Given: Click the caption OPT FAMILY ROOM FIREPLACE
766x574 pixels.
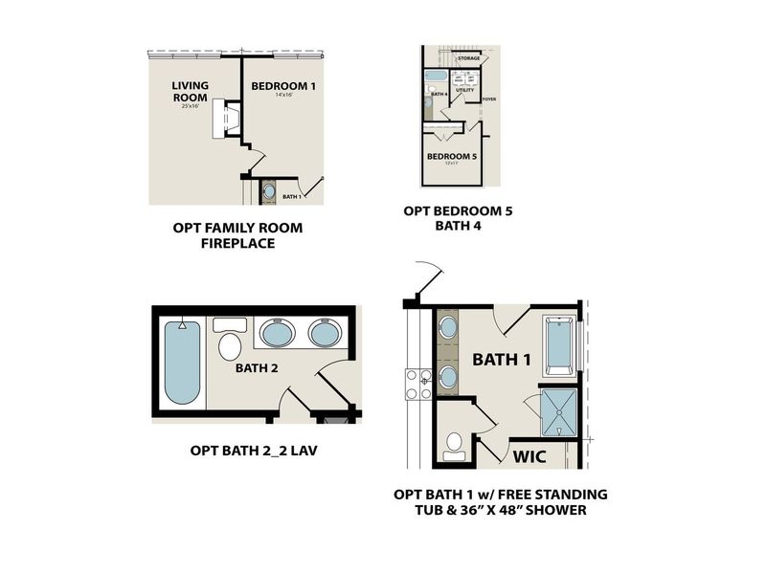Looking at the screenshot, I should tap(237, 235).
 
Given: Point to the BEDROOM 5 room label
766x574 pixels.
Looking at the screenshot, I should tap(451, 156).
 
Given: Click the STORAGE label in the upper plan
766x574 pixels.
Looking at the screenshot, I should tap(468, 58).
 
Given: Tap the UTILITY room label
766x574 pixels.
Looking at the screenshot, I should tap(465, 90).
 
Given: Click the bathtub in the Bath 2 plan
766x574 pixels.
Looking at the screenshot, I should tap(182, 364).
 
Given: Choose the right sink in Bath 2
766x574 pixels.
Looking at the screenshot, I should tap(324, 335).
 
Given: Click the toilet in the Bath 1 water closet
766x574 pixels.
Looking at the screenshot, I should tap(454, 446).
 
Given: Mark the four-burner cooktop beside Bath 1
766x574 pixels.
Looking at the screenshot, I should tap(418, 384).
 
